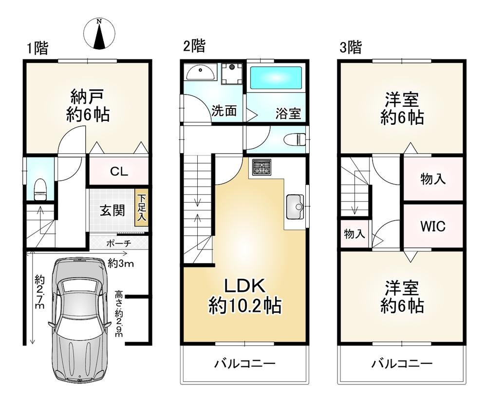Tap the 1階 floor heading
(37, 48)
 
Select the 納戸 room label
(87, 96)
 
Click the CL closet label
(119, 172)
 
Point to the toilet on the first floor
(40, 189)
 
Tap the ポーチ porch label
(119, 243)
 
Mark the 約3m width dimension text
(121, 264)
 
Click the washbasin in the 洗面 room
(200, 73)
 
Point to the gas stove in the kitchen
(261, 167)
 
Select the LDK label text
(244, 286)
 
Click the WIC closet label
(433, 226)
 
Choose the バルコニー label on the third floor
(402, 363)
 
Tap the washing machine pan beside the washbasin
(232, 74)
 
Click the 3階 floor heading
(350, 48)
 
